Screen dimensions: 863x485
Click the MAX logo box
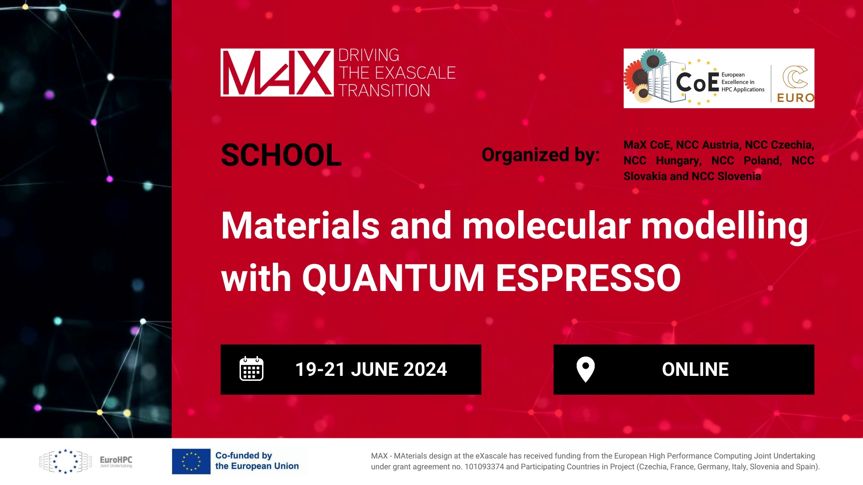[277, 72]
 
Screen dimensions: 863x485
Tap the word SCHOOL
[281, 155]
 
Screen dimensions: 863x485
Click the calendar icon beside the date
[251, 369]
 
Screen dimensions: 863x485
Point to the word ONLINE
[695, 370]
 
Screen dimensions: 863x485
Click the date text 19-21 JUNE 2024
[371, 370]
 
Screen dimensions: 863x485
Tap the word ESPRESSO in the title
[588, 278]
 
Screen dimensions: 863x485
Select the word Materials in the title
[300, 225]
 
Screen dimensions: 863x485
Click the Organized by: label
[541, 155]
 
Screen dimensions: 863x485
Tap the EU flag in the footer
[191, 461]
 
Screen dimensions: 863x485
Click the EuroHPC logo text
[116, 460]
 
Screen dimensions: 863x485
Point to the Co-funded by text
[244, 455]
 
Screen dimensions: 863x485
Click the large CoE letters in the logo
[698, 83]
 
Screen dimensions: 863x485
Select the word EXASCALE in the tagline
[415, 73]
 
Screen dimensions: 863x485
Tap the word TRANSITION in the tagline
[384, 91]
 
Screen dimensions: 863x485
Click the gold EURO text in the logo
[795, 98]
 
